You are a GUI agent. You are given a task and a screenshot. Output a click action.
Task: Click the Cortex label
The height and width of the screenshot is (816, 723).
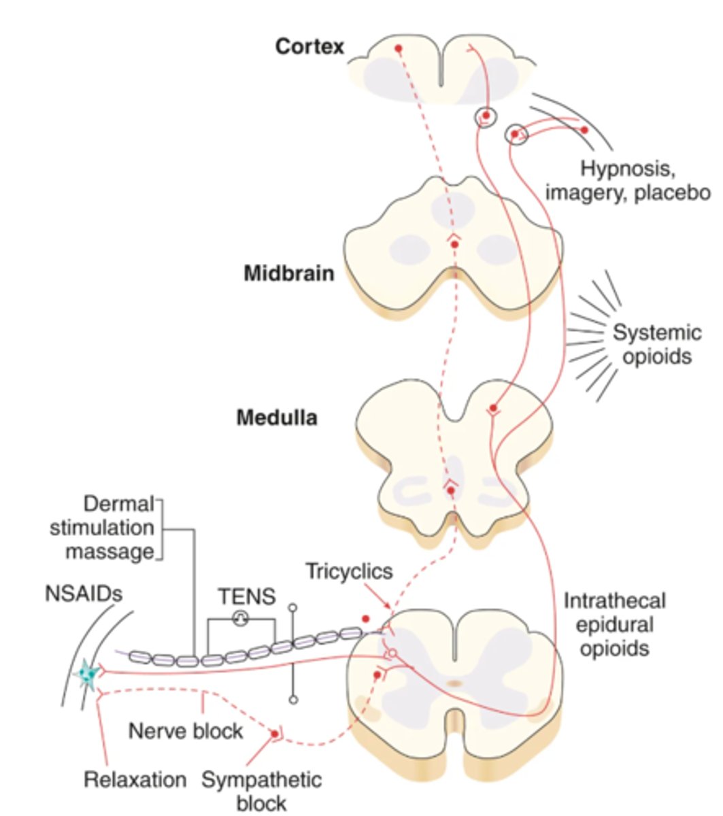[x=309, y=47]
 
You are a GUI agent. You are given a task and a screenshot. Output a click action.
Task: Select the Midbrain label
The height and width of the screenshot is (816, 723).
[x=289, y=274]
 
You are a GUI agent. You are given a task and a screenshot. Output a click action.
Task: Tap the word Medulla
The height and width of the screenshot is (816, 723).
[x=277, y=417]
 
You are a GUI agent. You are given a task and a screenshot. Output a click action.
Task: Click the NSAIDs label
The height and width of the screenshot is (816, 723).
[x=84, y=594]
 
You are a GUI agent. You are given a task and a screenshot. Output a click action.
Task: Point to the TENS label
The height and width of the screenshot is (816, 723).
[x=247, y=597]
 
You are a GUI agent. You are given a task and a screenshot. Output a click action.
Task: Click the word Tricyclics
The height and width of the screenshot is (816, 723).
[x=349, y=571]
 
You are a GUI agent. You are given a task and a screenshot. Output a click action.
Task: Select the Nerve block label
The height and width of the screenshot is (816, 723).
[x=186, y=731]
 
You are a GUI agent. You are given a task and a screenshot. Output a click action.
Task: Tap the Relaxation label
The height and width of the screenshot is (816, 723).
[x=135, y=779]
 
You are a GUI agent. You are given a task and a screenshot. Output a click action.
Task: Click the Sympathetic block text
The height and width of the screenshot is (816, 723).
[x=262, y=791]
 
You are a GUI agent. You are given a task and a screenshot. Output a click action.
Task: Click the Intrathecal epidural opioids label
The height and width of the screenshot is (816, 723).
[x=614, y=624]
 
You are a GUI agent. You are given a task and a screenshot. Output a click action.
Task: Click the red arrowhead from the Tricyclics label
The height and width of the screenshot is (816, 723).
[x=388, y=609]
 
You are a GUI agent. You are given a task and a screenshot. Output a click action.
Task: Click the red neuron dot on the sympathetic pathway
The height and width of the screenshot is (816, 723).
[x=275, y=734]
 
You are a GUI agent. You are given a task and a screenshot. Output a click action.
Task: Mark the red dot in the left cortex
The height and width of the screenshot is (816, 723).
[x=399, y=48]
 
